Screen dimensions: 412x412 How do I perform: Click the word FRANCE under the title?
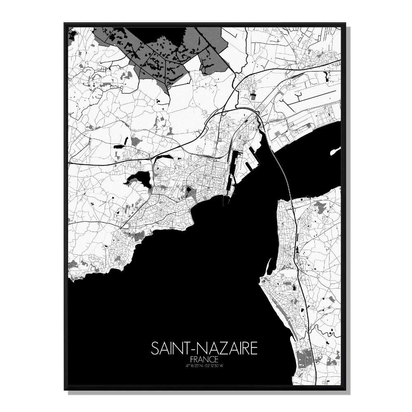204,359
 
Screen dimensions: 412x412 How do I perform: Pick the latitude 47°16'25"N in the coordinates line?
194,365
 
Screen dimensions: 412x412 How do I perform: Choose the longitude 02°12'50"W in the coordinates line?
215,365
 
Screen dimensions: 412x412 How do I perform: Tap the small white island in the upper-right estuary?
335,152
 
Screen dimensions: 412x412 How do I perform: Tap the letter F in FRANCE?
193,359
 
